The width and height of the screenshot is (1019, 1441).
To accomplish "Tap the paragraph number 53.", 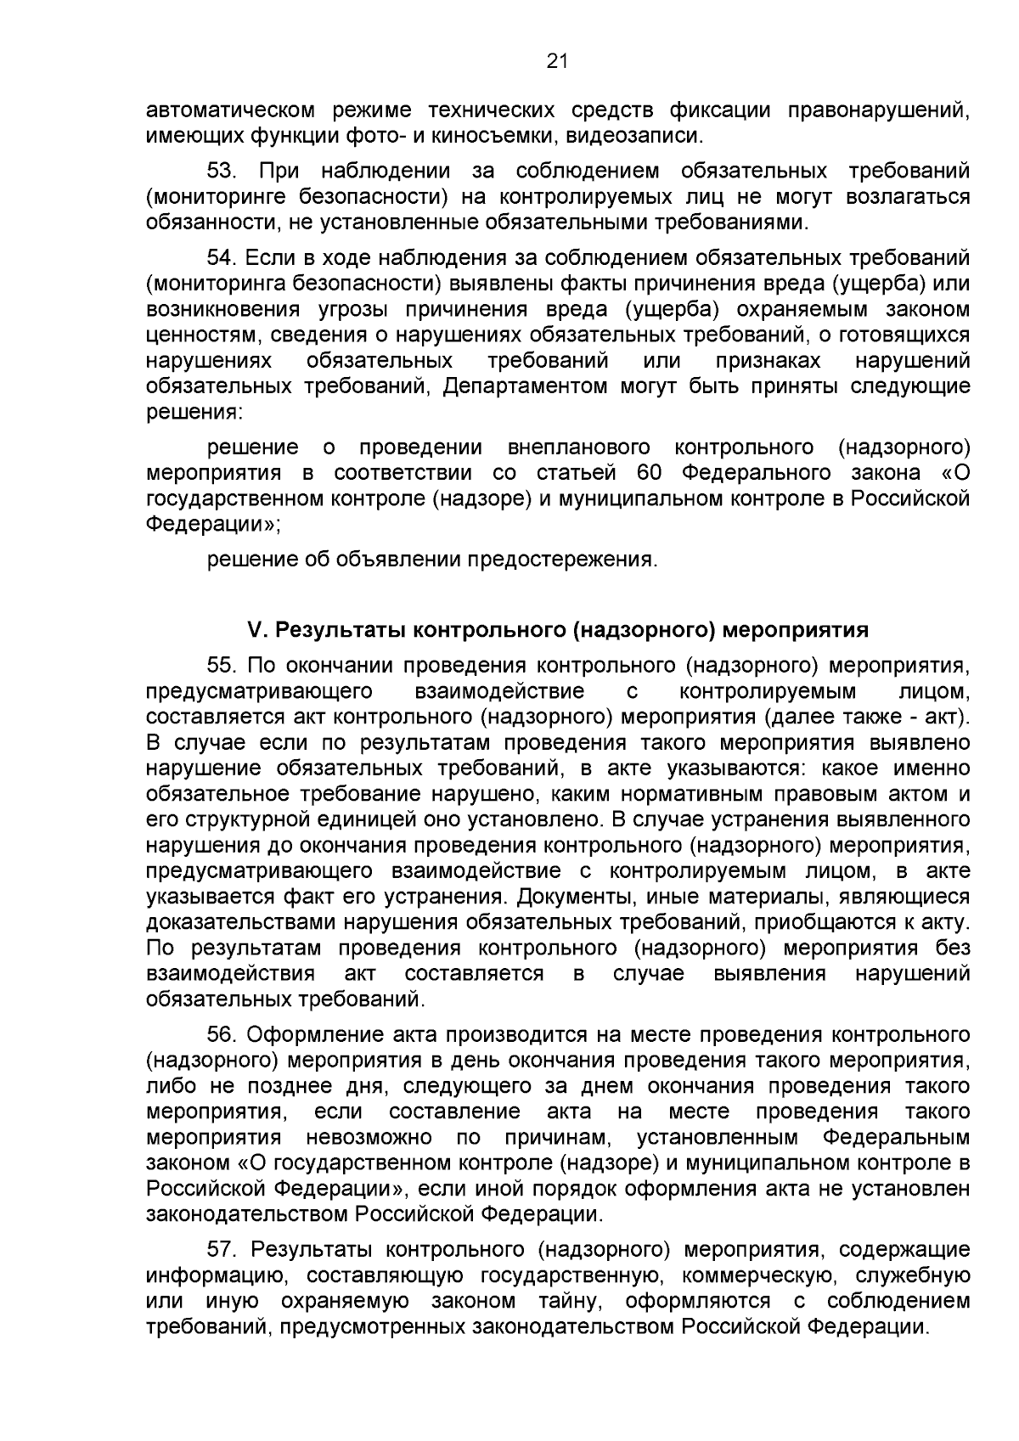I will point(222,171).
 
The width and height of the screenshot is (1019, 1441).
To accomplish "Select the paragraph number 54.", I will point(222,257).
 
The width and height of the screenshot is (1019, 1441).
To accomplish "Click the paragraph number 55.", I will point(222,665).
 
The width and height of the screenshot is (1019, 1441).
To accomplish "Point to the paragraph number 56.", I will point(222,1034).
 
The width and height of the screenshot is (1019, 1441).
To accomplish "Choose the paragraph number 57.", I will point(222,1249).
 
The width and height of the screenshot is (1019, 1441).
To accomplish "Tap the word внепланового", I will point(578,447).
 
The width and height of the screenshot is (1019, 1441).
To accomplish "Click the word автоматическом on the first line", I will point(229,110).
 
